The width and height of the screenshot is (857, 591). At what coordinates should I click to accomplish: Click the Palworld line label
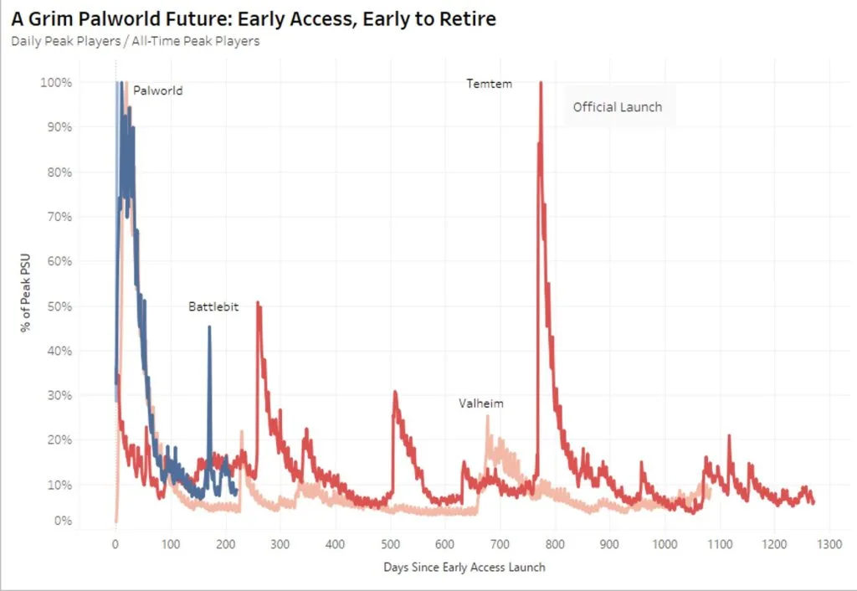(157, 90)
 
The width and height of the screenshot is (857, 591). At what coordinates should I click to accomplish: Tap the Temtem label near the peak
(489, 84)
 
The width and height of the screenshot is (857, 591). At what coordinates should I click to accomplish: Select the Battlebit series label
(213, 307)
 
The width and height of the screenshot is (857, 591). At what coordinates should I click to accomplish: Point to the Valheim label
(481, 403)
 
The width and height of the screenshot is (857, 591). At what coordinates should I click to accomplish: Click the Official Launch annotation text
(617, 107)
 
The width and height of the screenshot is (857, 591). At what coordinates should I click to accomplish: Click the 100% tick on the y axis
(56, 83)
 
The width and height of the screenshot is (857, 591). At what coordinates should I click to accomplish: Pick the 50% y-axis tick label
(59, 306)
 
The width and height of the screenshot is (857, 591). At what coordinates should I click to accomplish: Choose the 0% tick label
(62, 521)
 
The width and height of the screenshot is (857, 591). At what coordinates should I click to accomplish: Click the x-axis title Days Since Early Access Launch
(464, 568)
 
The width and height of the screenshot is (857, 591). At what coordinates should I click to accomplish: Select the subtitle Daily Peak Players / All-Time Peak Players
(135, 41)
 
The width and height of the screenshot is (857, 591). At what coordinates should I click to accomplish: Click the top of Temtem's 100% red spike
(541, 83)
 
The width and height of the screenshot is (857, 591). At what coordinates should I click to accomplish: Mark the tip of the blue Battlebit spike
(209, 327)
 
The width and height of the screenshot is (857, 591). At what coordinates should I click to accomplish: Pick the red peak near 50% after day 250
(258, 302)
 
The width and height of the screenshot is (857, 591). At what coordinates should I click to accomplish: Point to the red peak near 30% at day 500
(394, 392)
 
